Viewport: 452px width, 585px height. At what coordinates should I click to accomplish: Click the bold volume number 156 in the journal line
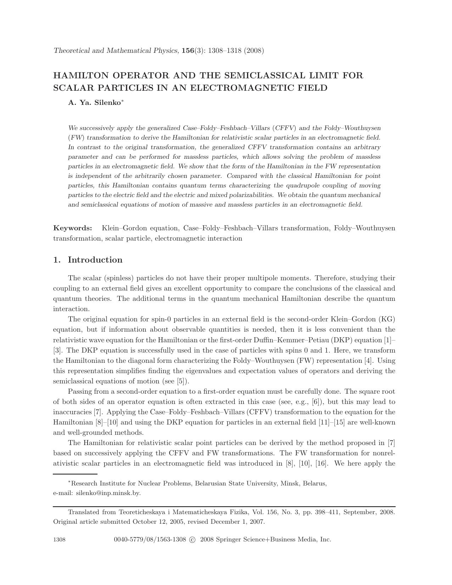point(188,51)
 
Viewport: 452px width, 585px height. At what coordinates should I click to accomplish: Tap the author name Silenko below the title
point(108,103)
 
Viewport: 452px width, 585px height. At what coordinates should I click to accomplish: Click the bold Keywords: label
point(73,228)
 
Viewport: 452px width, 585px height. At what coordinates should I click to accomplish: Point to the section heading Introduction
point(95,260)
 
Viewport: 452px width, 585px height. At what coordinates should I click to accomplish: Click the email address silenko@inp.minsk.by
point(108,493)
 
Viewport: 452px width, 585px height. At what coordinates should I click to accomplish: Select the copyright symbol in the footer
point(192,540)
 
